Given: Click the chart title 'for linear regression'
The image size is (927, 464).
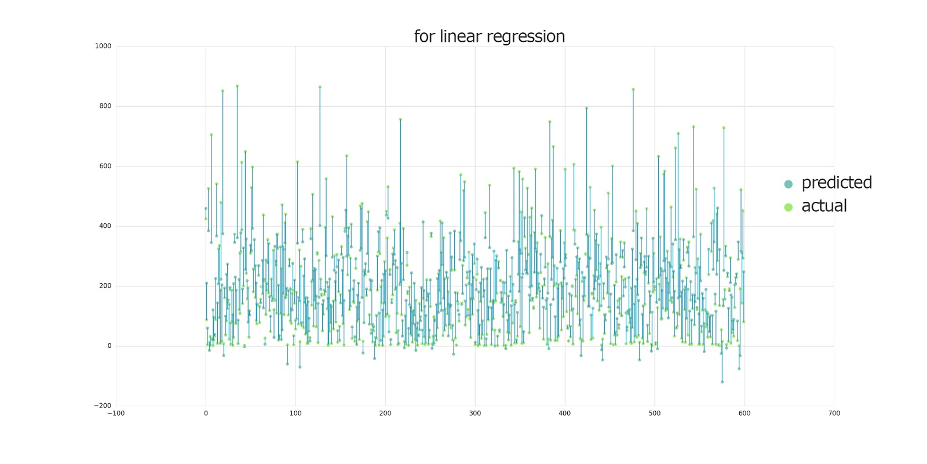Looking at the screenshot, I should pyautogui.click(x=489, y=37).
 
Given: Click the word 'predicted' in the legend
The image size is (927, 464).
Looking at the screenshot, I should pyautogui.click(x=836, y=183).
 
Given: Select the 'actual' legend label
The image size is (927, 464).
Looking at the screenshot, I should pyautogui.click(x=824, y=206).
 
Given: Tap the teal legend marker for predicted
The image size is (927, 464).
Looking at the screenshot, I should pyautogui.click(x=788, y=184).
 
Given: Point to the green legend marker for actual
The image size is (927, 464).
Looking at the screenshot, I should pyautogui.click(x=788, y=207).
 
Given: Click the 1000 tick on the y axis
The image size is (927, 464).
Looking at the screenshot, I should pyautogui.click(x=103, y=46).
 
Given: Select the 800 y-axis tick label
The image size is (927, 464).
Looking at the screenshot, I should pyautogui.click(x=105, y=106).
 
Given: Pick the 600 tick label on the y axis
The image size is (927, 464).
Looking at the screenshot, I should pyautogui.click(x=105, y=166).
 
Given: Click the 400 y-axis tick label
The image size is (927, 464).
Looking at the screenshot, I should pyautogui.click(x=105, y=226).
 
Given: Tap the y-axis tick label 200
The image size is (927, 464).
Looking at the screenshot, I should pyautogui.click(x=105, y=286).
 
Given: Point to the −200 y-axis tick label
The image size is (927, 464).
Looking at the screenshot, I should pyautogui.click(x=103, y=406).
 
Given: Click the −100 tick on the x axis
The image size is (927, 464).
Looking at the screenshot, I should pyautogui.click(x=116, y=414).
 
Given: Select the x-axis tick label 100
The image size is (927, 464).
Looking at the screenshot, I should pyautogui.click(x=295, y=414).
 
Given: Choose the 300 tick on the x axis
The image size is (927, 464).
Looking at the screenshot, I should pyautogui.click(x=475, y=414).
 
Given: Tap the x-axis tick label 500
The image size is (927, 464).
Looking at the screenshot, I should pyautogui.click(x=655, y=414).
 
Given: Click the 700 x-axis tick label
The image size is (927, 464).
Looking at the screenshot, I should pyautogui.click(x=834, y=414).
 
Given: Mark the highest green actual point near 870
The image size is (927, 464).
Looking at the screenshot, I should pyautogui.click(x=237, y=86).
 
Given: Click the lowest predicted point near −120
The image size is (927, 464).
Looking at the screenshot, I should pyautogui.click(x=722, y=382).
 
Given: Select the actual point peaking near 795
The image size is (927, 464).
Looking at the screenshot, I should pyautogui.click(x=586, y=108).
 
